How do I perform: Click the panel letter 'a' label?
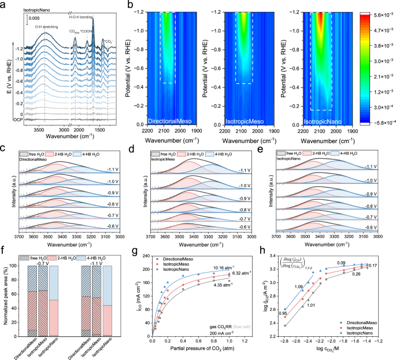3,5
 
